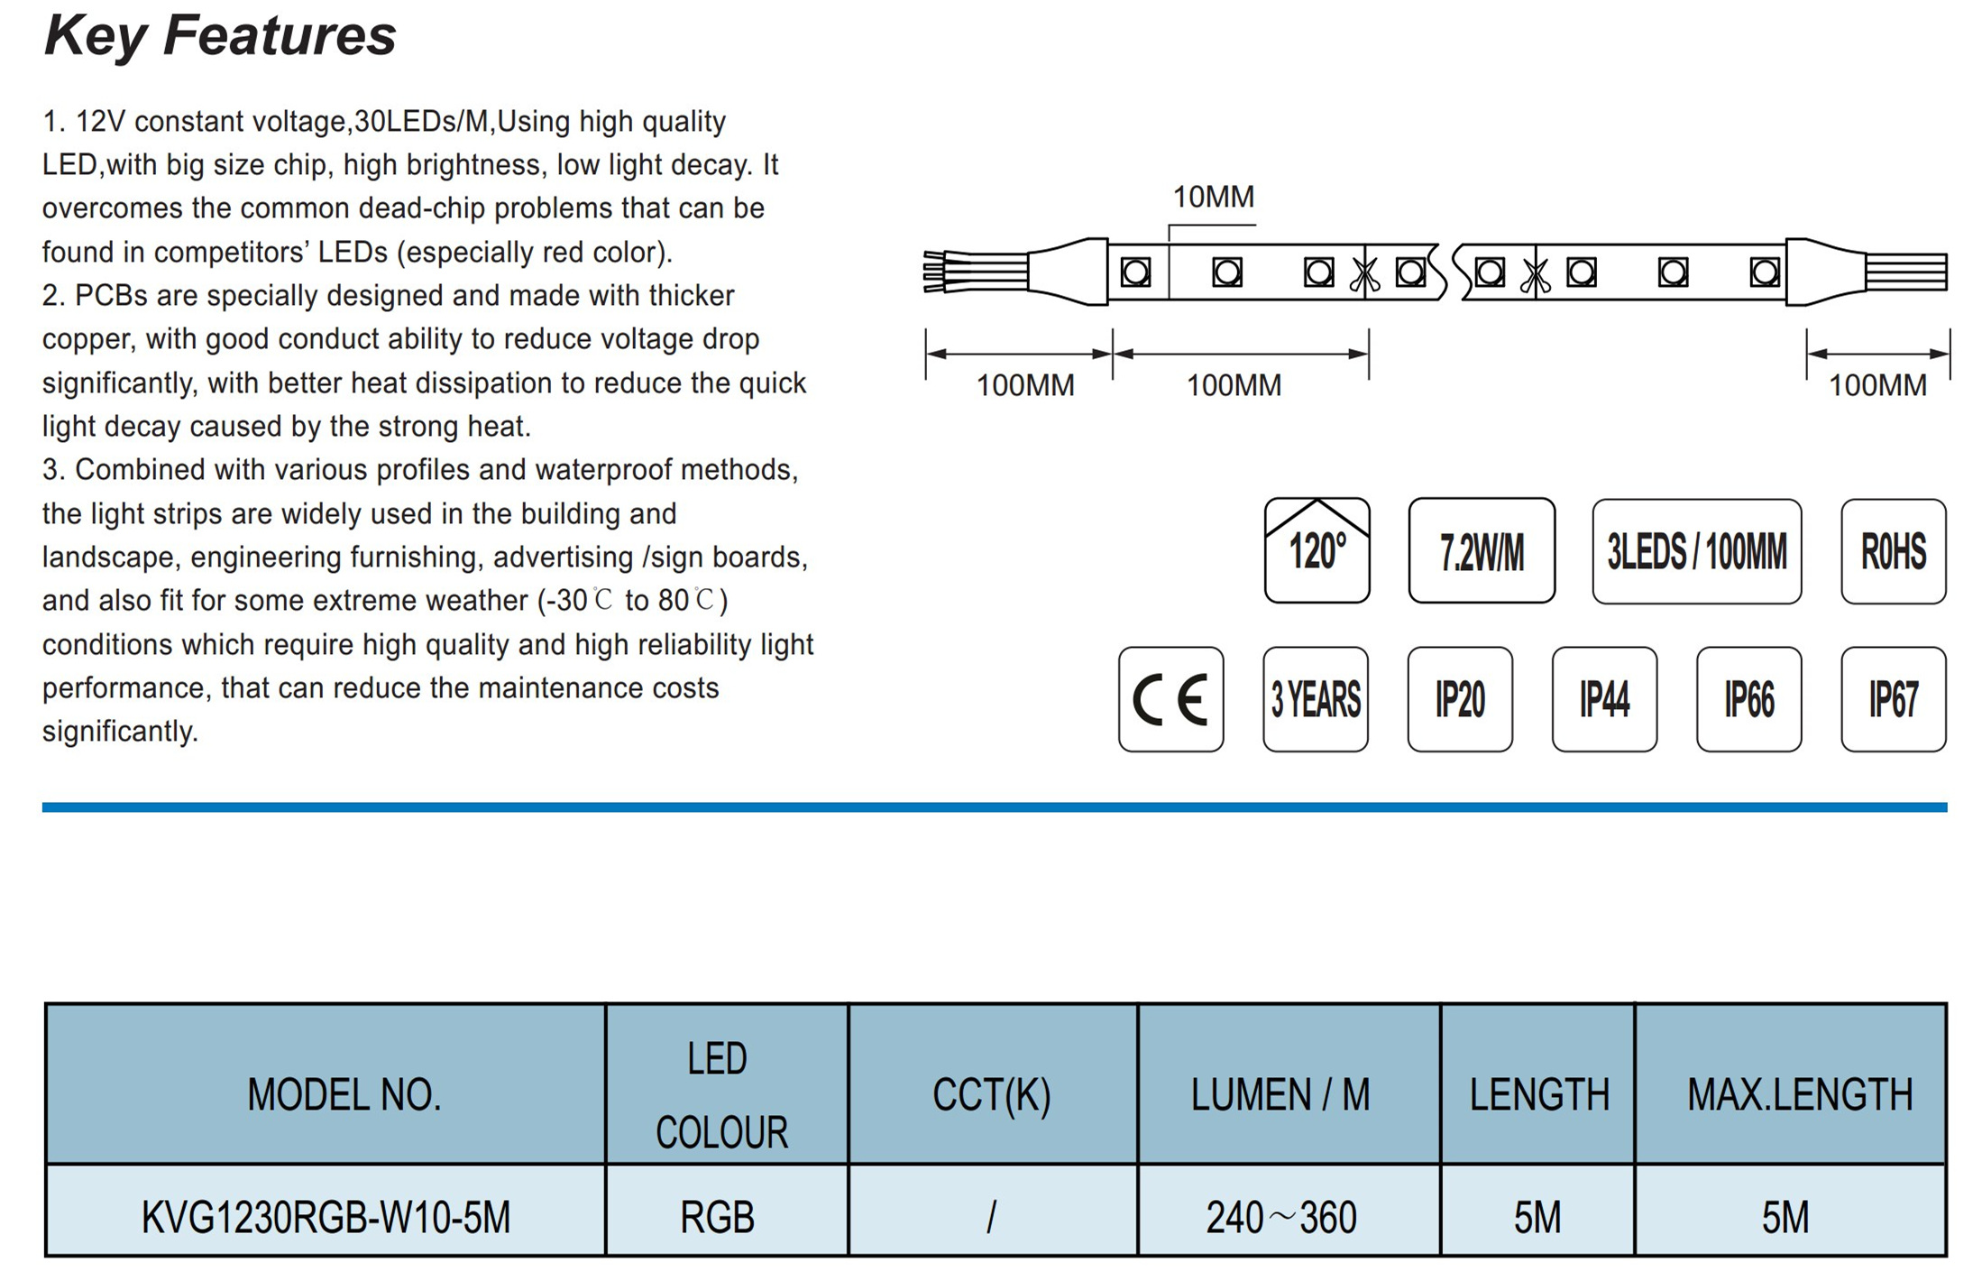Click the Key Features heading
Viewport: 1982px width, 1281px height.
pos(220,36)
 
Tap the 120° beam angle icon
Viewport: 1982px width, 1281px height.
pos(1317,550)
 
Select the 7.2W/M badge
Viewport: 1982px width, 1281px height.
pos(1482,550)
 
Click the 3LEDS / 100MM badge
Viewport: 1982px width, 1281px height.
pos(1696,551)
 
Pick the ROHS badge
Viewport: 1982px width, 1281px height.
pos(1893,551)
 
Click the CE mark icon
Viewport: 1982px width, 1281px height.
pos(1170,699)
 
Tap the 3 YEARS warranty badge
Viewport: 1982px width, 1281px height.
pos(1316,699)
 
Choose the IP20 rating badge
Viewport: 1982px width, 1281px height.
pos(1460,699)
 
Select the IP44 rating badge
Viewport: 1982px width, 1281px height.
pos(1604,699)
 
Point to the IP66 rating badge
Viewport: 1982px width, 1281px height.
pos(1748,699)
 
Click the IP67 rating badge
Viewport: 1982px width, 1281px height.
pos(1893,699)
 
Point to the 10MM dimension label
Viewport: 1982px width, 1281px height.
pos(1213,197)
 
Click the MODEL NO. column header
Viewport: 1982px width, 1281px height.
pos(344,1094)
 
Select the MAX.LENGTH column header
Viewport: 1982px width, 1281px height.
pos(1800,1094)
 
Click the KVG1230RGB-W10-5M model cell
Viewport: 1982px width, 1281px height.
pos(326,1217)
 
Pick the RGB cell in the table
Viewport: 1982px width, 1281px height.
pos(717,1217)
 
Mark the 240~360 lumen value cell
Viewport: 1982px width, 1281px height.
pos(1281,1217)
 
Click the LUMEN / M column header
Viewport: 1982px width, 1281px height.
pos(1280,1094)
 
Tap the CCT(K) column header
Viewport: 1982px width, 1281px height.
pos(991,1094)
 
